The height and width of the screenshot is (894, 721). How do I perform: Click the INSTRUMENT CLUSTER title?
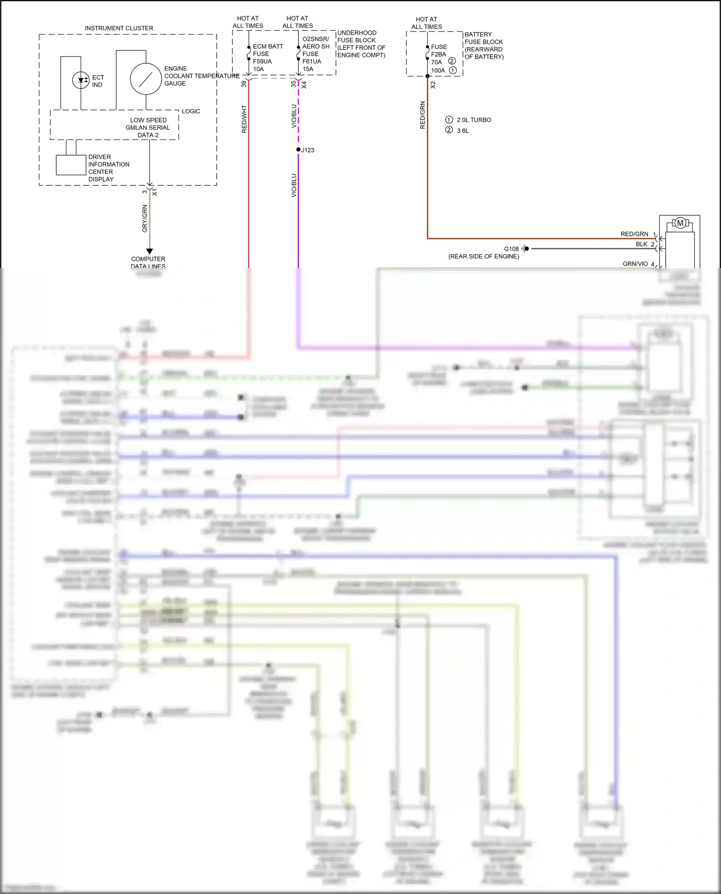(x=119, y=28)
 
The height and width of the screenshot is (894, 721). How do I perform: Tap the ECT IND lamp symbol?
(x=81, y=80)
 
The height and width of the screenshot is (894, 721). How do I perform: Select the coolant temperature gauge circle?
(x=146, y=79)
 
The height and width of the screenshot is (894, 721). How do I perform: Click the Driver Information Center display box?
(x=71, y=165)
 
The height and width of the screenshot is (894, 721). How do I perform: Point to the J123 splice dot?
(x=298, y=150)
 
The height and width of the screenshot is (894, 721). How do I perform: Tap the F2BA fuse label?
(x=438, y=54)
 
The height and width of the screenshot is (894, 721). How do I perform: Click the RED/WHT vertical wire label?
(x=244, y=119)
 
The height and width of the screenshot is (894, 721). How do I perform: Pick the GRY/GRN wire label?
(x=145, y=219)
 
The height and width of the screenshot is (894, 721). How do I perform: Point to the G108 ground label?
(x=511, y=249)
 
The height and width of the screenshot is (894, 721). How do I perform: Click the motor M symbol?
(x=680, y=223)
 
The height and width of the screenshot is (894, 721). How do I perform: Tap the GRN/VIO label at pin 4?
(x=635, y=264)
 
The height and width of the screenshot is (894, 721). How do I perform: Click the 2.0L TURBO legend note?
(x=473, y=120)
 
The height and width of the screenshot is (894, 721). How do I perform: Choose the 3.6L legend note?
(x=462, y=131)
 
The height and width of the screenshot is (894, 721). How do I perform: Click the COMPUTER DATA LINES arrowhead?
(x=149, y=251)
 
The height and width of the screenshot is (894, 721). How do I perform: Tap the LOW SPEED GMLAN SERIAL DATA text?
(x=148, y=128)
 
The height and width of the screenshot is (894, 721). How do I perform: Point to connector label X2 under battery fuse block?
(x=433, y=85)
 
